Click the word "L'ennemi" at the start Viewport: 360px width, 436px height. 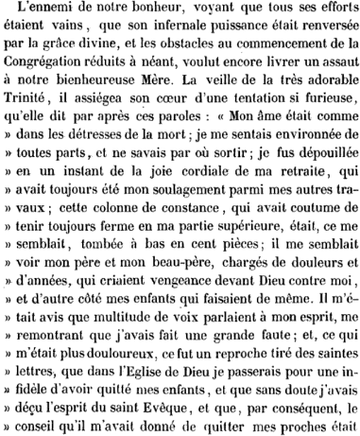pos(46,11)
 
